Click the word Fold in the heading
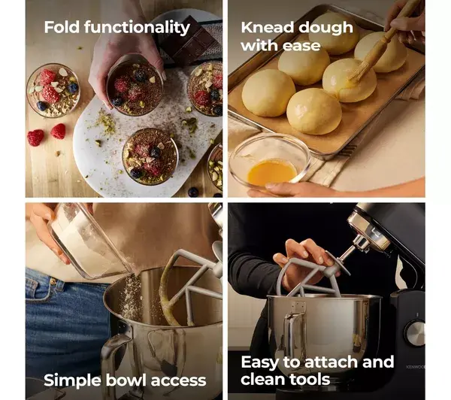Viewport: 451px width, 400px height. tap(62, 27)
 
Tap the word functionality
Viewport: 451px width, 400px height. tap(137, 28)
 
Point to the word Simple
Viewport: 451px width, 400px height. tap(73, 380)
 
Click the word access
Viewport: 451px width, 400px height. tap(178, 381)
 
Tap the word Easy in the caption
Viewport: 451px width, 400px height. tap(260, 362)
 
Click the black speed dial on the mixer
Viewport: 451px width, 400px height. tap(415, 333)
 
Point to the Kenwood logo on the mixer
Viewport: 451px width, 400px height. tap(416, 367)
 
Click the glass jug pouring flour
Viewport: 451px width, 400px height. tap(86, 241)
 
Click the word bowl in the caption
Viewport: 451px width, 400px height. tap(126, 380)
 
